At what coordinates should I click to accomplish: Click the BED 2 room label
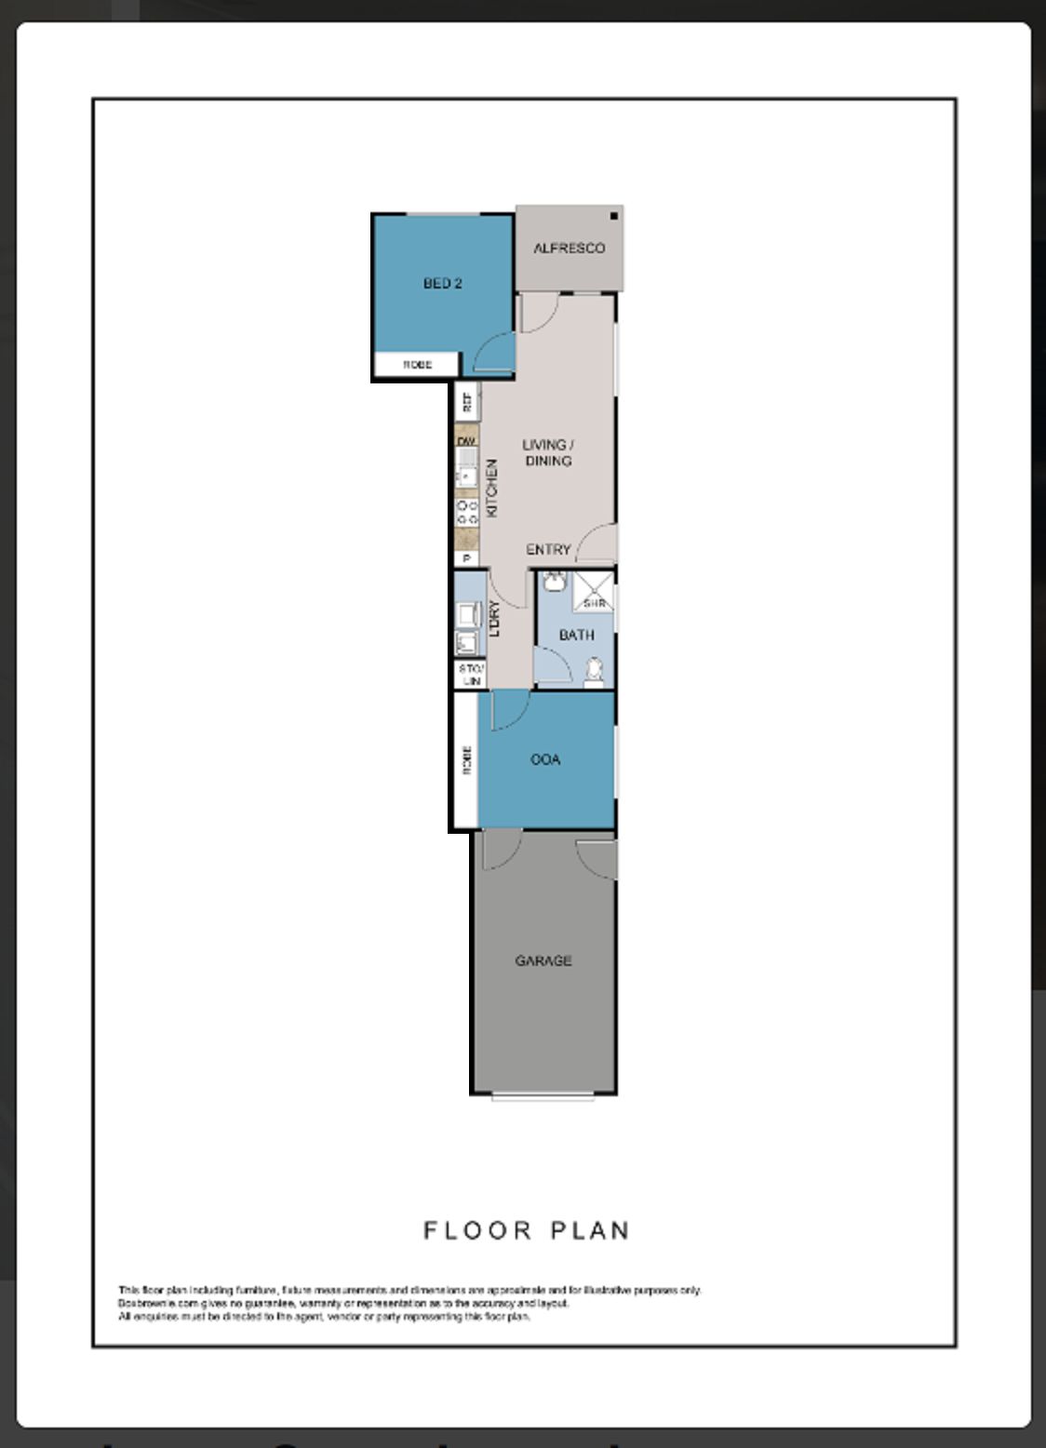[442, 283]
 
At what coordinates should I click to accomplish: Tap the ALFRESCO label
[569, 248]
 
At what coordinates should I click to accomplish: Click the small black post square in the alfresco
[614, 216]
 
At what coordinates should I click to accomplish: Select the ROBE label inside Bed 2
[417, 365]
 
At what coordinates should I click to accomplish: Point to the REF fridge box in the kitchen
[467, 402]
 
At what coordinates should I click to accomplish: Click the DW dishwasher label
[466, 440]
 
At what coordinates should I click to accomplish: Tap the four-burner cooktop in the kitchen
[466, 511]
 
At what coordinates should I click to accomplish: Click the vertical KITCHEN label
[492, 488]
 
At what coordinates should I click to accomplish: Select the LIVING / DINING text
[547, 452]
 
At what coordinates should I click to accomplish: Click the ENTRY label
[548, 549]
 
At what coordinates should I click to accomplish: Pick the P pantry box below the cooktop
[466, 558]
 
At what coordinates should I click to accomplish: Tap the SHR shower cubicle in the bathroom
[593, 592]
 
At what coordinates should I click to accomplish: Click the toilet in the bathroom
[593, 670]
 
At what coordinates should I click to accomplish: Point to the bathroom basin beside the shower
[554, 583]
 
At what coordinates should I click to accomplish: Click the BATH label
[576, 635]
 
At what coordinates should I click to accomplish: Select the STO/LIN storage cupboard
[471, 675]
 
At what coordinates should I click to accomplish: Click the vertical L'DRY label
[494, 619]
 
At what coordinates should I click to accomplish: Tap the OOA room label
[545, 759]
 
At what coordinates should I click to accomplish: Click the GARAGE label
[543, 960]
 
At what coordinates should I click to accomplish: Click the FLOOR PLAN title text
[527, 1230]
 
